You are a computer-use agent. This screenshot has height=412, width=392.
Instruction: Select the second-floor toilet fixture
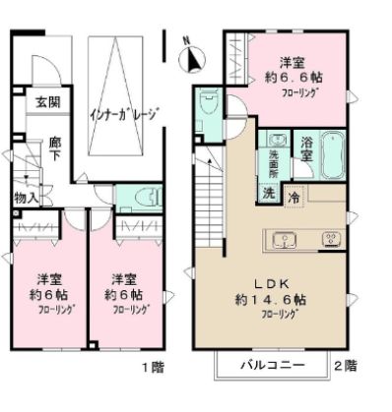(207, 106)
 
